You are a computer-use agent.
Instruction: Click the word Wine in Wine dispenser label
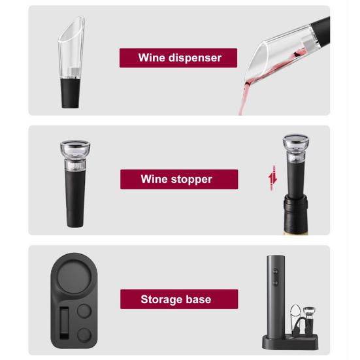coord(152,57)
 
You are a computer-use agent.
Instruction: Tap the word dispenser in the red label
coord(195,57)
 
